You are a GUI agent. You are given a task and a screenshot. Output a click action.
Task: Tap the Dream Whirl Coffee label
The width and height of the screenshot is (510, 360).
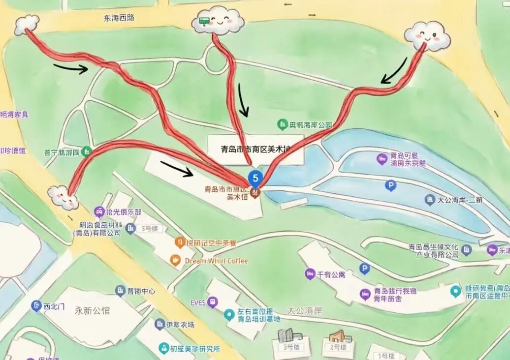216,261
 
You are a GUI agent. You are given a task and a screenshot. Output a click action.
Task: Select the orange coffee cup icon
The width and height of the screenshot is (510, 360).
175,261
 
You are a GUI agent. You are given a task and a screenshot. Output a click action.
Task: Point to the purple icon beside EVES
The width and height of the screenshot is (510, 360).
212,302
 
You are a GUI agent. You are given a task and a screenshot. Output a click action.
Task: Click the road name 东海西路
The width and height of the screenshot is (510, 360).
119,18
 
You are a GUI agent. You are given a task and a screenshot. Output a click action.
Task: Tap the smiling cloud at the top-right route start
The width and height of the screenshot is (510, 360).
427,35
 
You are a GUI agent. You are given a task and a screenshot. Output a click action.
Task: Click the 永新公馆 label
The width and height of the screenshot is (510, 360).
92,310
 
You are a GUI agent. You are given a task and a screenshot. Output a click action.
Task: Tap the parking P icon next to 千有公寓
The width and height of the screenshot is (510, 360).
364,269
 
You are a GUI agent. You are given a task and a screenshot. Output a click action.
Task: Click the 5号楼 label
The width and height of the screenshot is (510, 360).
149,228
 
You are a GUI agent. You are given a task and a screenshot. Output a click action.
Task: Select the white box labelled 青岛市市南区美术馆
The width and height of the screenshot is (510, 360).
255,149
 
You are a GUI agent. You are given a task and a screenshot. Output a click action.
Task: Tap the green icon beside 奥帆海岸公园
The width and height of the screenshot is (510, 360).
283,124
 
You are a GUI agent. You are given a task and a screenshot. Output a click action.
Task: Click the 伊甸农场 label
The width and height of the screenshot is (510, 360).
180,325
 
